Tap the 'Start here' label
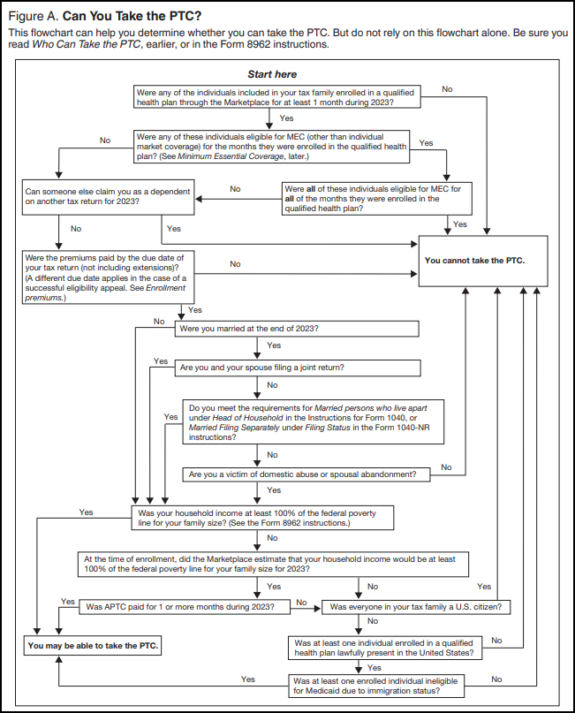point(272,75)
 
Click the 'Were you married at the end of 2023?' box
point(298,329)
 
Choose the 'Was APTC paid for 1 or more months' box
point(185,607)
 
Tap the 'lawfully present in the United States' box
point(385,647)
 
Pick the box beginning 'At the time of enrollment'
point(273,565)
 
